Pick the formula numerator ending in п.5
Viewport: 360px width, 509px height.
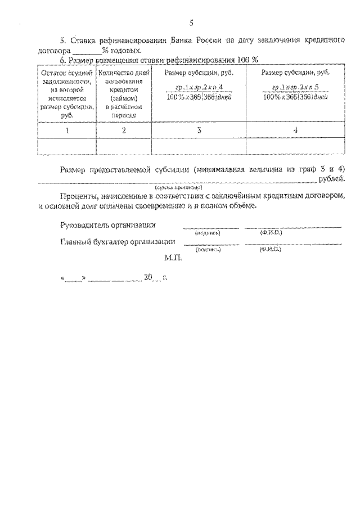296,88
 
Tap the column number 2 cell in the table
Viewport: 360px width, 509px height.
124,130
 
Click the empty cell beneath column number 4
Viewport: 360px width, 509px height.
296,146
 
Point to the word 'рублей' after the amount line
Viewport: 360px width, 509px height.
331,179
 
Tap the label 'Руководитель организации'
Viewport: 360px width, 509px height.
108,226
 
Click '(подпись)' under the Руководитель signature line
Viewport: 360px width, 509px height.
208,232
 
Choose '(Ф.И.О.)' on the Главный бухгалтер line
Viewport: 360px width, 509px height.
271,249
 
